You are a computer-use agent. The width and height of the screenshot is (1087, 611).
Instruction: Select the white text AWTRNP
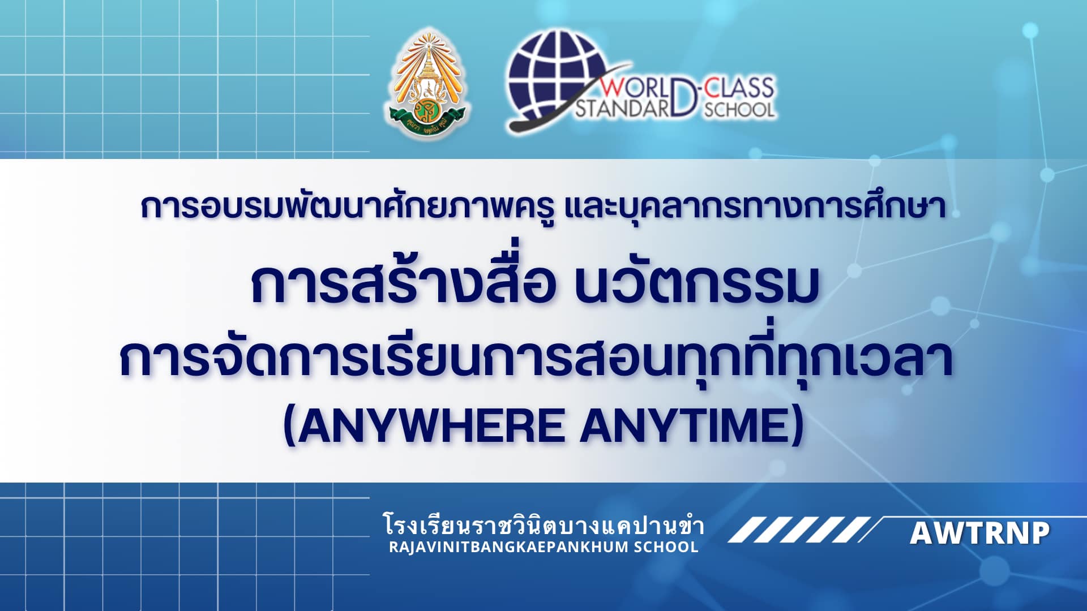click(x=980, y=533)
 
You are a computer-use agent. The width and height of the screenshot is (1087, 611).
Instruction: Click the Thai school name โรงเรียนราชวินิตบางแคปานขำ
click(x=543, y=524)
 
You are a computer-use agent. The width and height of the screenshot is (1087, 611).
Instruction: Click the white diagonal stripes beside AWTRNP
click(x=799, y=530)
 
